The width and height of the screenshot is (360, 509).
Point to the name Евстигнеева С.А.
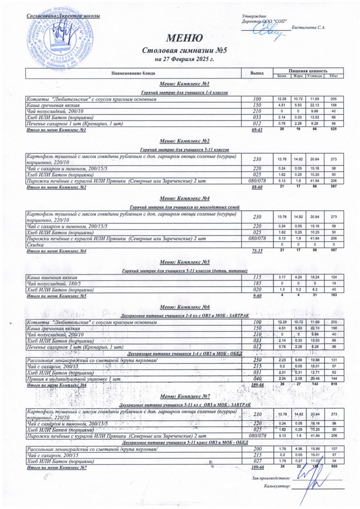coord(309,28)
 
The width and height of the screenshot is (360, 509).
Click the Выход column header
coord(257,73)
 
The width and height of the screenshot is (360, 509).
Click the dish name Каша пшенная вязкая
coord(50,277)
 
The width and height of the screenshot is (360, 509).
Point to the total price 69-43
coord(257,129)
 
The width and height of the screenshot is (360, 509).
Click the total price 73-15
coord(257,252)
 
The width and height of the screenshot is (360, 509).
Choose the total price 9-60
coord(257,296)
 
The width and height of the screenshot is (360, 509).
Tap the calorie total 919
coord(333,384)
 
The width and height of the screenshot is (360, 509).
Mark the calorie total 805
coord(333,467)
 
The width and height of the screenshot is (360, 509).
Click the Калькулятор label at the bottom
coord(277,486)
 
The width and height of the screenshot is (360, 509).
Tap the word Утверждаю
coord(254,16)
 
